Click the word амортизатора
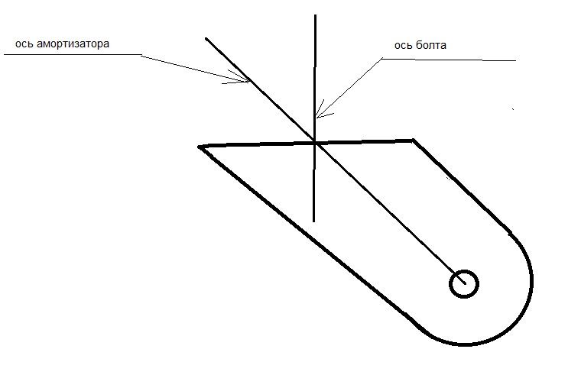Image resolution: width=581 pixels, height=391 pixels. point(73,44)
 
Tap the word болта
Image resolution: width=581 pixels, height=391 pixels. point(431,45)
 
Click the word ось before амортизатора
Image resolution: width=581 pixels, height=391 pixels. point(24,44)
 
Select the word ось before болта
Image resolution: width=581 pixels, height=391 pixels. point(404,46)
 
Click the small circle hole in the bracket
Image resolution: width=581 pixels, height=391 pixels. point(464,284)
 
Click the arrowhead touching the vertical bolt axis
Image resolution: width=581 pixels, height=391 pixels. point(321,111)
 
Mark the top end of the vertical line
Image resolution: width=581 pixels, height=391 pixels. point(315,15)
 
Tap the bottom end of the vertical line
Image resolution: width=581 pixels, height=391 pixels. point(314,221)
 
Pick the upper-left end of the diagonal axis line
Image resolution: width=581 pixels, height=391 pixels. point(206,38)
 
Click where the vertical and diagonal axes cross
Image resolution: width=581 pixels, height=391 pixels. point(315,142)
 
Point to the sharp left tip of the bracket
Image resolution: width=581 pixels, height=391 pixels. point(199,147)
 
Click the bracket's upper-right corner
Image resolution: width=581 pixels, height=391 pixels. point(413,141)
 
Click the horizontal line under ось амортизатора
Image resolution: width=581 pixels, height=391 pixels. point(73,55)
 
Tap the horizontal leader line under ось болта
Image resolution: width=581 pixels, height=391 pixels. point(449,60)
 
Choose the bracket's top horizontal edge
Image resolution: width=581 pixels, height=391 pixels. point(306,144)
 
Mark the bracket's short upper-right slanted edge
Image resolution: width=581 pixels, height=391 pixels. point(462,187)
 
